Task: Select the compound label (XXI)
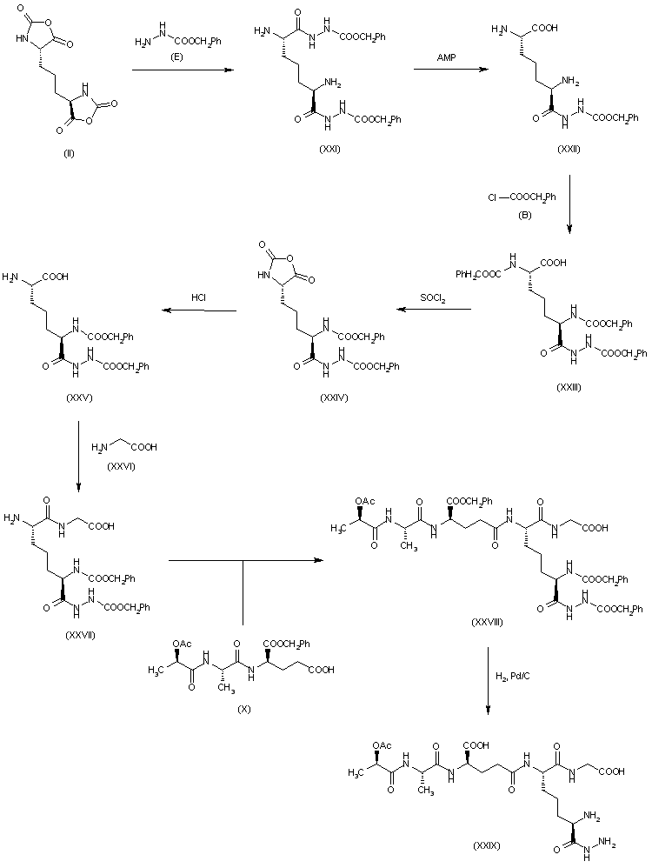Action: point(329,150)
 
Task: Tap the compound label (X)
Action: point(244,708)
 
